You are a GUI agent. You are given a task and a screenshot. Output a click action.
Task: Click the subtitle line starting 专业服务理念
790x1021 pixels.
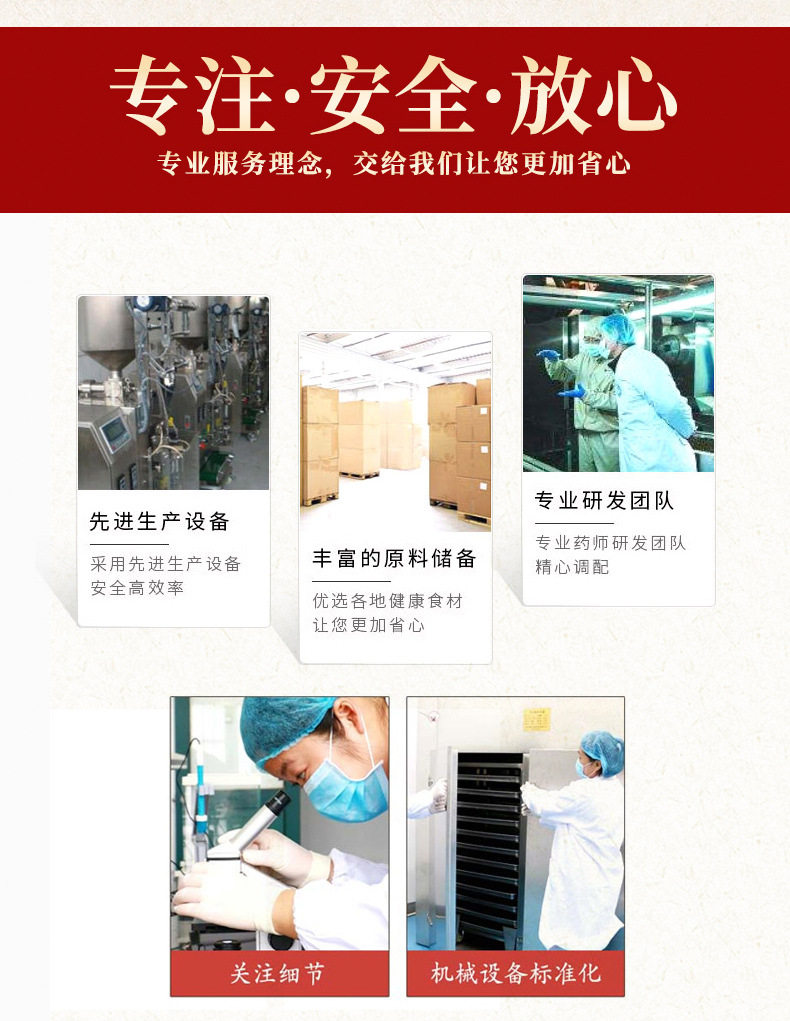click(x=394, y=163)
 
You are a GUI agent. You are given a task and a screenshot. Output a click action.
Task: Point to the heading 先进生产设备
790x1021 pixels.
click(x=160, y=521)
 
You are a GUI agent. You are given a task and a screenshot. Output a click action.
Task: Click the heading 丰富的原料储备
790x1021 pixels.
click(x=394, y=558)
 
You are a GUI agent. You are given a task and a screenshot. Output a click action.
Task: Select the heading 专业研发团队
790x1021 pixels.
click(x=604, y=500)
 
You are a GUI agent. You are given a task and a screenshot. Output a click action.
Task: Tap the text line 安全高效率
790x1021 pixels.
click(x=137, y=588)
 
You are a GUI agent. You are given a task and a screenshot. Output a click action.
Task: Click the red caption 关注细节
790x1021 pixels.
click(x=278, y=973)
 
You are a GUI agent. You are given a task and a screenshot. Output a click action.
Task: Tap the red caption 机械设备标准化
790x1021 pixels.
click(x=515, y=973)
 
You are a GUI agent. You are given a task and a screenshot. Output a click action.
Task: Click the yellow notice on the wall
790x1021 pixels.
click(x=537, y=719)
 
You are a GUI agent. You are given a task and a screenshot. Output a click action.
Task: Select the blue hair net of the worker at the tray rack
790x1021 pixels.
click(x=603, y=748)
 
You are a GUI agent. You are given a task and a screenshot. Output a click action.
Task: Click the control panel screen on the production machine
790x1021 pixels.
click(x=115, y=432)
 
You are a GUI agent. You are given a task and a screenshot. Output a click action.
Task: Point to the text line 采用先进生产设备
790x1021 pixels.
click(x=166, y=564)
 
